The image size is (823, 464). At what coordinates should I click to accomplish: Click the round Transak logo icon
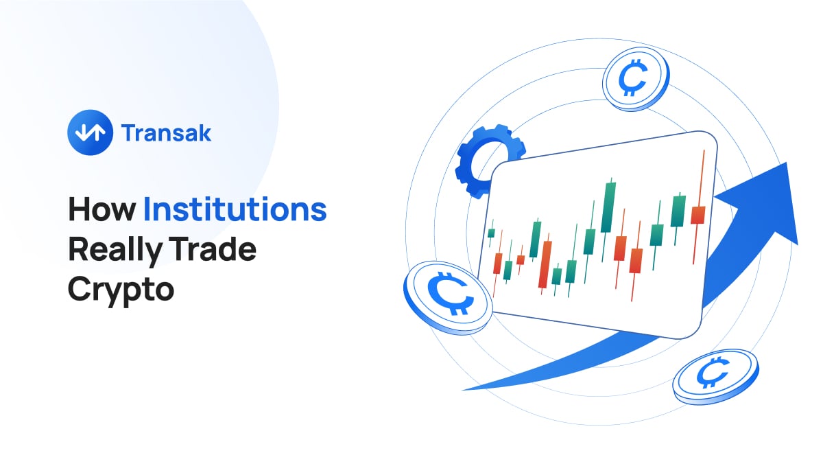click(x=90, y=132)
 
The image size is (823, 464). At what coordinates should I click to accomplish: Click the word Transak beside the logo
click(x=166, y=132)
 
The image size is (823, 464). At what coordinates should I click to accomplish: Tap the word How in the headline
click(x=102, y=209)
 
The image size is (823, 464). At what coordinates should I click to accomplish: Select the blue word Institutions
click(x=235, y=209)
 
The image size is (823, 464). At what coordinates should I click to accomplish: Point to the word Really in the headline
click(x=115, y=251)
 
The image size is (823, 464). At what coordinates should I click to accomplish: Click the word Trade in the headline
click(x=213, y=249)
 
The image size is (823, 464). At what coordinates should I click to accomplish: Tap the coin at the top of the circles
click(x=636, y=79)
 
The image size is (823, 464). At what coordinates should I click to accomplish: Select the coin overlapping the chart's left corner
click(x=447, y=298)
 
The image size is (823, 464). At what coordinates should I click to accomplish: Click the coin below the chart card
click(x=715, y=377)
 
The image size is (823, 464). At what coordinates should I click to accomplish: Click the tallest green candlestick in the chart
click(x=608, y=208)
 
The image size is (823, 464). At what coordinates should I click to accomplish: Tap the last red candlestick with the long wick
click(x=698, y=215)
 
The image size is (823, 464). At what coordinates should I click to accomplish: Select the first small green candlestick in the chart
click(x=491, y=233)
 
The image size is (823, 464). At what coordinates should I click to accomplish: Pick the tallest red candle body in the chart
click(x=545, y=264)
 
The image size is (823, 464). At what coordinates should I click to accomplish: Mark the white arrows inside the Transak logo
click(x=90, y=132)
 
